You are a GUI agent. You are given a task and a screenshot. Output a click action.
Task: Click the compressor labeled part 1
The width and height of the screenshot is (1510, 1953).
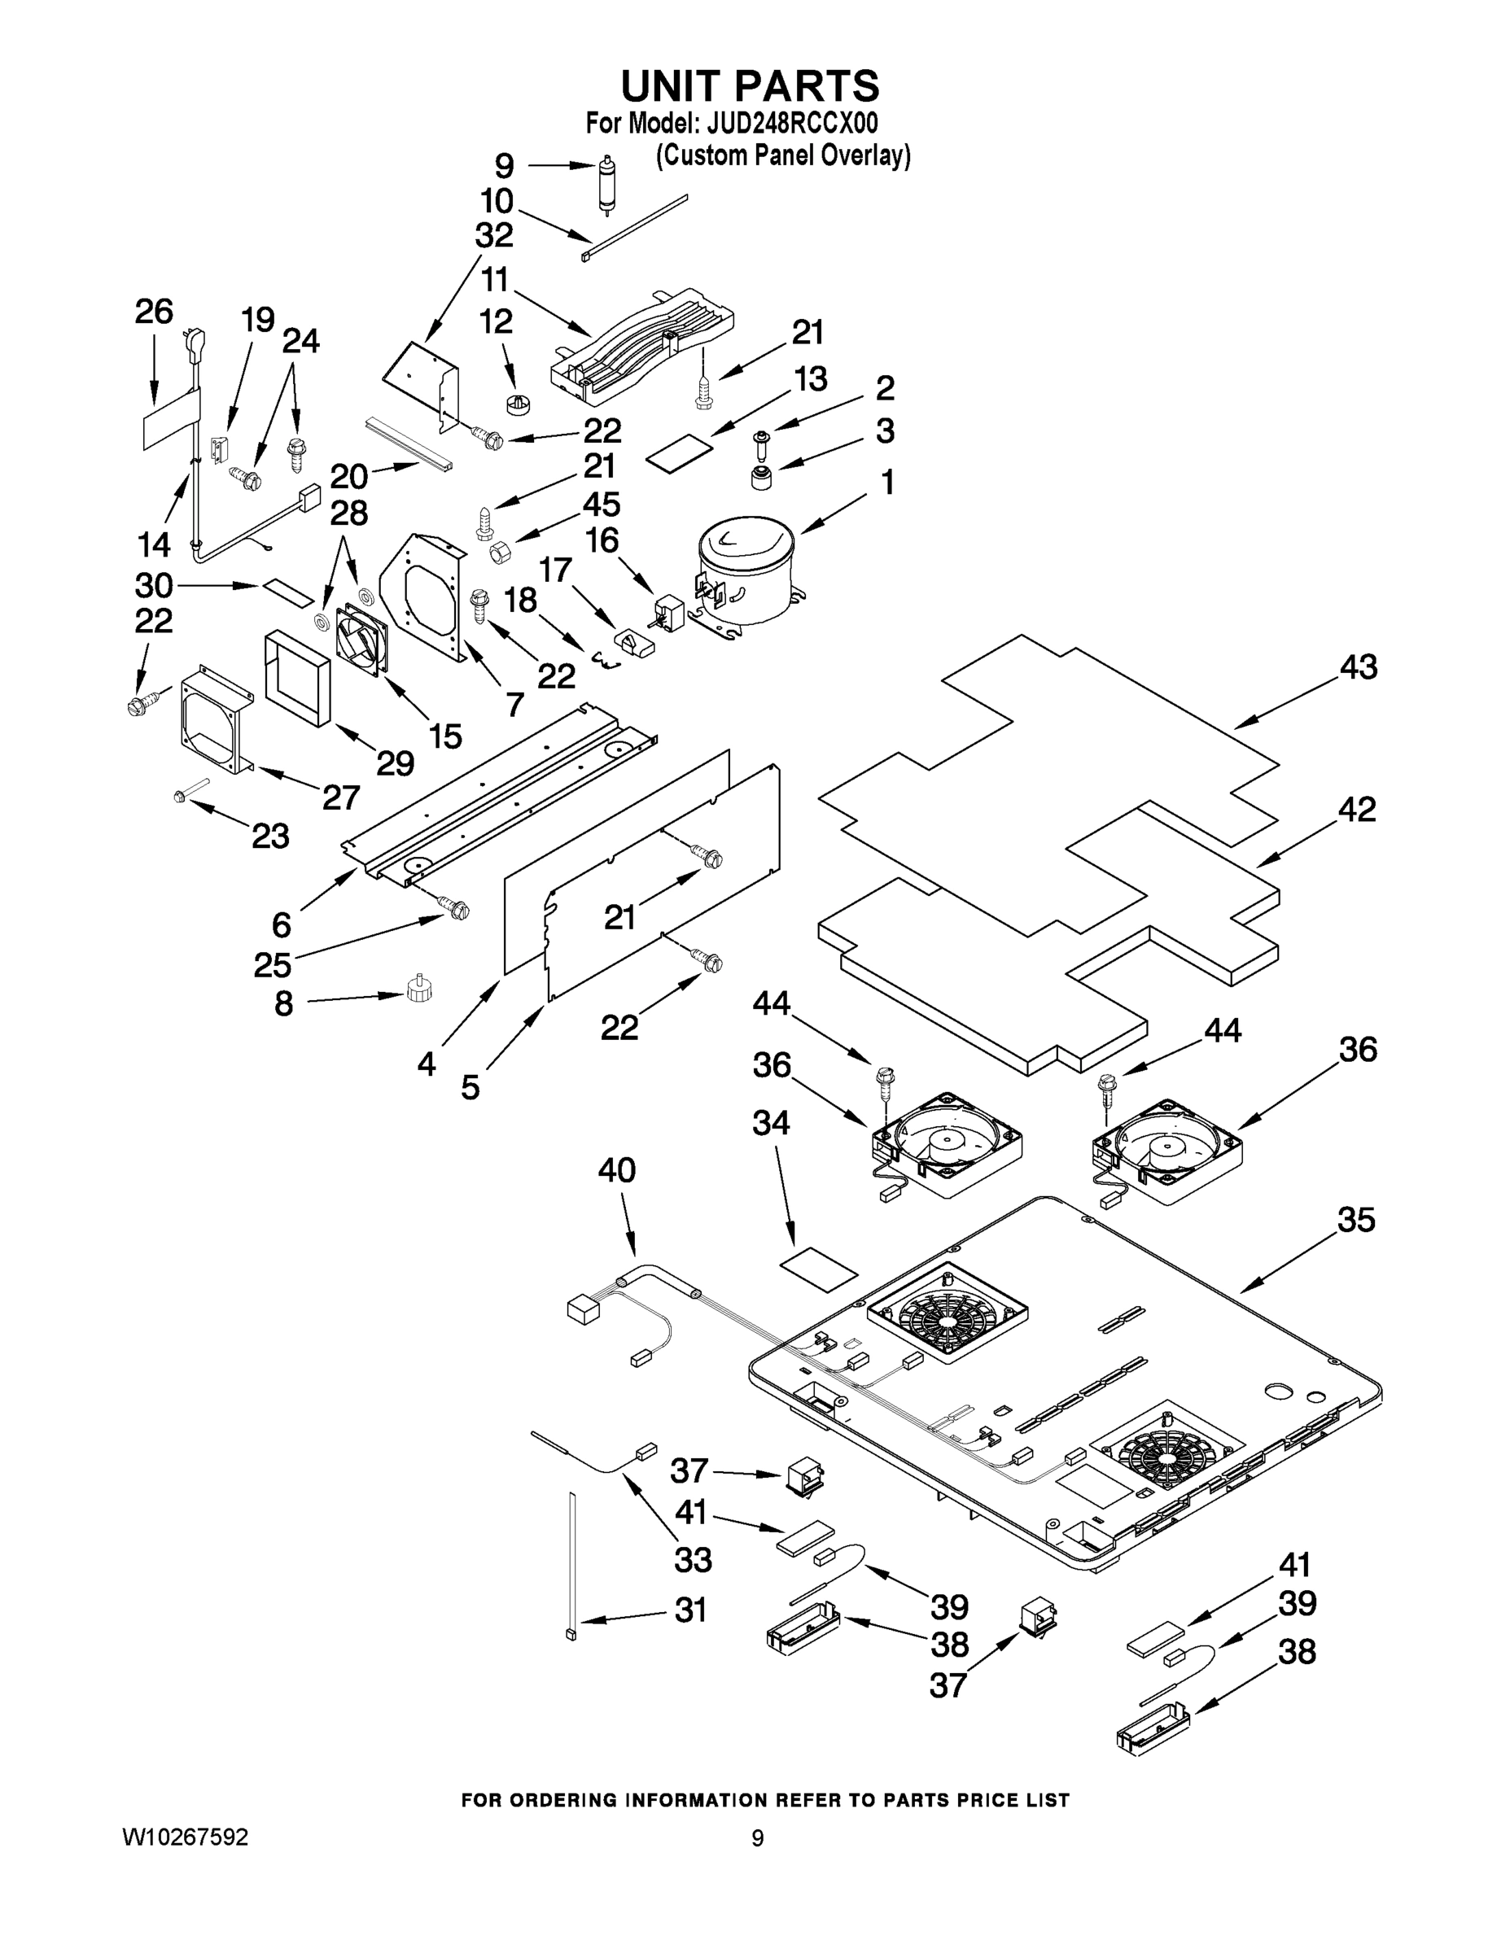[745, 572]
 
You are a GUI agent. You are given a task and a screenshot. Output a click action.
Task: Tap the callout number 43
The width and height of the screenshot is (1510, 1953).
[1358, 668]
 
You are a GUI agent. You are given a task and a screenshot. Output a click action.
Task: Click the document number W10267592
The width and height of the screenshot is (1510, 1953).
[185, 1837]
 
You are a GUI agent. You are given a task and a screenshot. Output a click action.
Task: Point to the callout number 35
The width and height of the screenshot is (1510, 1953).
[1355, 1220]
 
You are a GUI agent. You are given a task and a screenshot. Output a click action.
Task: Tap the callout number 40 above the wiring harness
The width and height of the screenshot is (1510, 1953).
[616, 1169]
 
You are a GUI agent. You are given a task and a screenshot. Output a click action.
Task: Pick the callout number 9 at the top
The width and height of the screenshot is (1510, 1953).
[505, 165]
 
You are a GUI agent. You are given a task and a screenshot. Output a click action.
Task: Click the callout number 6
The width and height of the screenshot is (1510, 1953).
[281, 923]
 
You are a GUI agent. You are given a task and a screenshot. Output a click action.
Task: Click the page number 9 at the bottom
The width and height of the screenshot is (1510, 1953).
[757, 1838]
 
